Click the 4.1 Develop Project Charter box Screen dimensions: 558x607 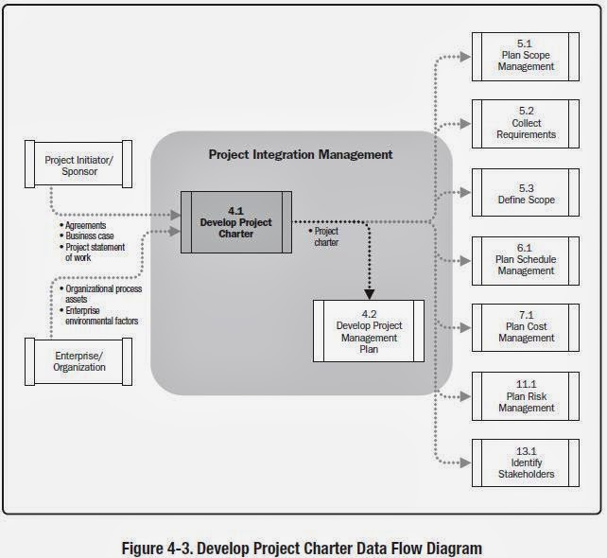click(x=235, y=221)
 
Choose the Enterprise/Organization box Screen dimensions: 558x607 click(x=80, y=360)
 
